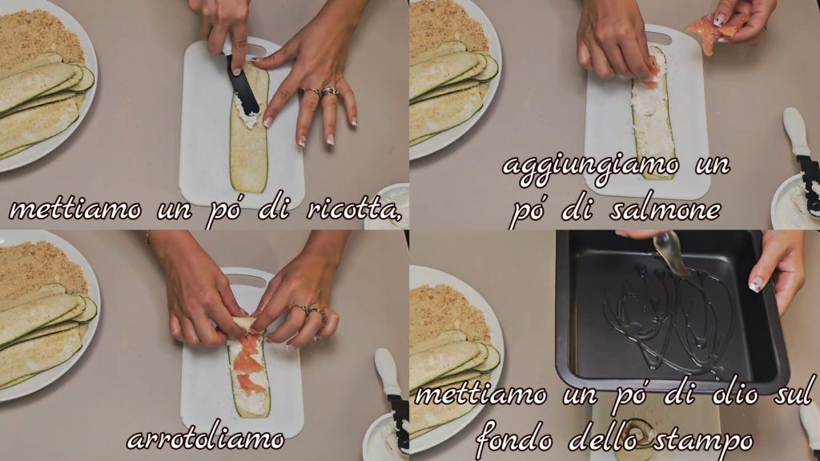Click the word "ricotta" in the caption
354,210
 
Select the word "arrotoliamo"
206,439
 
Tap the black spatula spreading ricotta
242,87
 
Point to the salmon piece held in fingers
711,30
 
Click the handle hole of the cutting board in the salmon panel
658,38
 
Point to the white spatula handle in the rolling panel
388,372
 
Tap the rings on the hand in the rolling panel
308,311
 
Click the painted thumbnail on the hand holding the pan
756,285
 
